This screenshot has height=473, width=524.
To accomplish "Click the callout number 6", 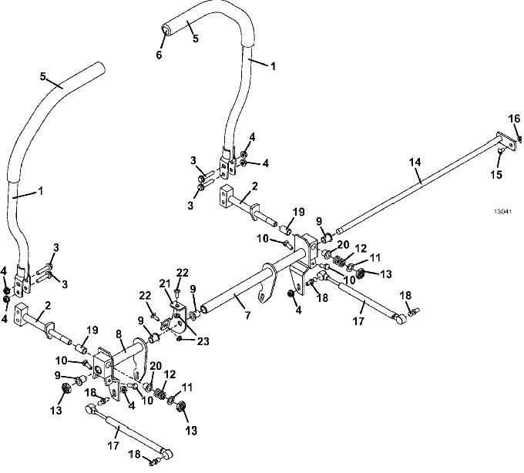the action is click(x=159, y=55).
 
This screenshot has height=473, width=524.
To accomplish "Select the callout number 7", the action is click(x=247, y=315).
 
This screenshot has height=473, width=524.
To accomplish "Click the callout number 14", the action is click(x=415, y=162).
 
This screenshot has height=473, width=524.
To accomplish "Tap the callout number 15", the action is click(x=496, y=174).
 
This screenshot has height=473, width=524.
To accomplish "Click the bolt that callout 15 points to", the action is click(x=501, y=151).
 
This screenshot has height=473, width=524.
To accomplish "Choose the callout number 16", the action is click(x=514, y=119).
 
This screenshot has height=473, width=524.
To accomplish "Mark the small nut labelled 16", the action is click(x=519, y=138).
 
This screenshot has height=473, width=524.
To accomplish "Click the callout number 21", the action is click(x=165, y=284).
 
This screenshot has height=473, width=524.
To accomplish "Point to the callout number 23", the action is click(x=203, y=341).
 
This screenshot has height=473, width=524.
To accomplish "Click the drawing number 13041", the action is click(x=503, y=211).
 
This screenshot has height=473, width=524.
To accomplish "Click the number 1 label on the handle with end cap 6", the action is click(x=274, y=66).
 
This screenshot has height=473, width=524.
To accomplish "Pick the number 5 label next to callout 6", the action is click(x=196, y=39).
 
